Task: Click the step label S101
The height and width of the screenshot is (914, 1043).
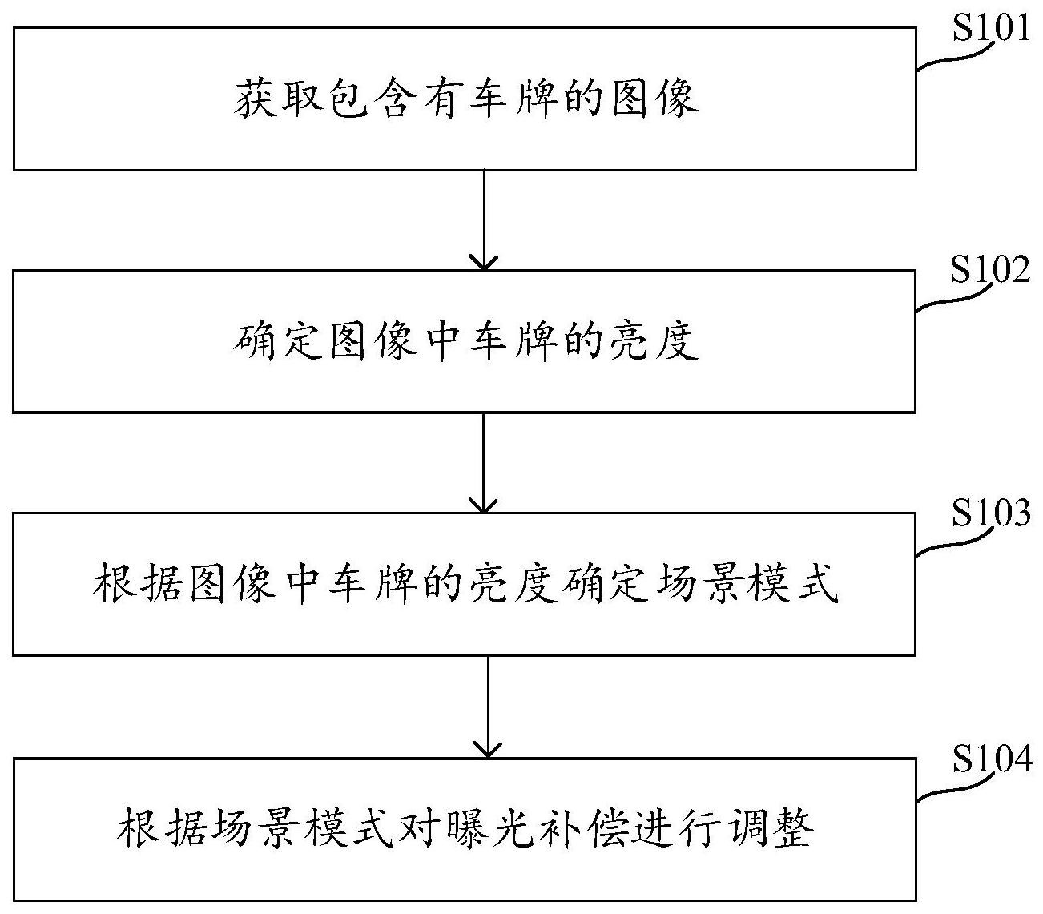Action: pos(990,28)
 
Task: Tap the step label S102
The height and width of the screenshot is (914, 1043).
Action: pos(990,271)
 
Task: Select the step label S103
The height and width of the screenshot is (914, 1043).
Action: pos(990,513)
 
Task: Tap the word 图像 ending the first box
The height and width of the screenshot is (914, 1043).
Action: pos(653,99)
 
